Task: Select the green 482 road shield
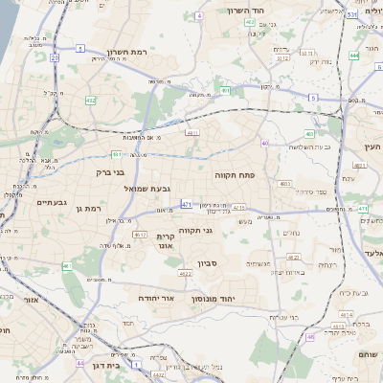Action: (90, 100)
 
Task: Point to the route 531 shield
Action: (352, 14)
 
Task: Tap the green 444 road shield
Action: (354, 56)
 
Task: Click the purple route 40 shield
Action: (264, 143)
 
